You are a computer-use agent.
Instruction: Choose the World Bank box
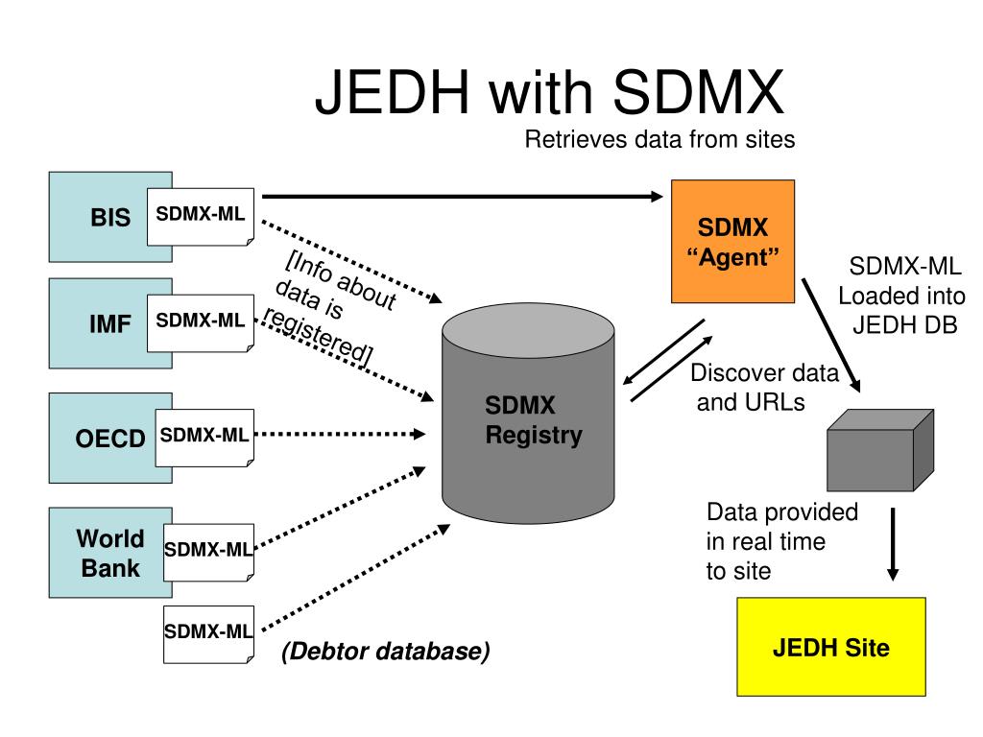coord(106,552)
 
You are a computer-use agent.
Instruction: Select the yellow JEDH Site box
coord(830,648)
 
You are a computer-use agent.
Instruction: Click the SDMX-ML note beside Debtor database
coord(208,633)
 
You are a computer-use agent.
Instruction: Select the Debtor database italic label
coord(385,653)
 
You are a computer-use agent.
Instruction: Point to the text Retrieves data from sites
coord(659,140)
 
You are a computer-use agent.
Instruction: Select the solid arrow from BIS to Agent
coord(461,197)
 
